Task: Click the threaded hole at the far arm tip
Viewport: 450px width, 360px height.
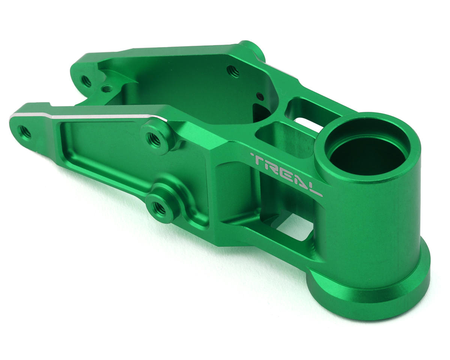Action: point(86,81)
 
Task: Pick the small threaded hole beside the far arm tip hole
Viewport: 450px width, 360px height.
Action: point(107,89)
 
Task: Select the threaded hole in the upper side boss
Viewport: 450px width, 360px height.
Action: point(154,139)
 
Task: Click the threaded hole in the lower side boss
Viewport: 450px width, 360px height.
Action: point(159,208)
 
